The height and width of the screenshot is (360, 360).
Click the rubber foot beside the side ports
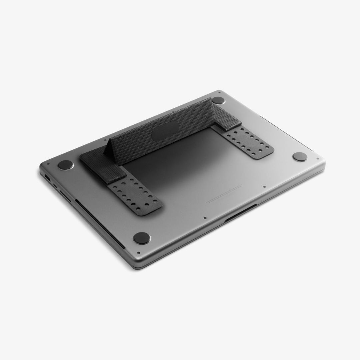click(x=65, y=165)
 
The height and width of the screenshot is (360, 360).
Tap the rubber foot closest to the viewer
click(x=141, y=238)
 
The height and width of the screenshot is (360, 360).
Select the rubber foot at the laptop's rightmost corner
click(x=300, y=157)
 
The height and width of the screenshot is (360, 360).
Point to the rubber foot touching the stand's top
click(x=218, y=100)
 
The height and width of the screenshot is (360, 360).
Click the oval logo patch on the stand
click(x=165, y=131)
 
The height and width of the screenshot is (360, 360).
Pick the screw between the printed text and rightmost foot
click(x=264, y=187)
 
